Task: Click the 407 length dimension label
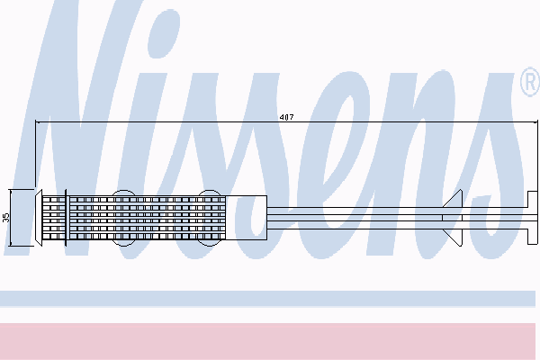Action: pos(286,117)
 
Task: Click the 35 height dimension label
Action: pos(6,218)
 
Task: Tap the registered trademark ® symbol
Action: pos(530,82)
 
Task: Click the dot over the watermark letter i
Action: pos(164,33)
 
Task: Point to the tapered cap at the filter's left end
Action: pos(39,218)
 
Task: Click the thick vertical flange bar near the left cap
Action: pos(66,218)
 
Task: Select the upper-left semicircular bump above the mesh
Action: pos(123,193)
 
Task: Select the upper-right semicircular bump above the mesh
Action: pos(210,193)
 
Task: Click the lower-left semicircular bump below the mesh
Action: pos(123,243)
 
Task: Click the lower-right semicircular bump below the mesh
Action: pos(210,243)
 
